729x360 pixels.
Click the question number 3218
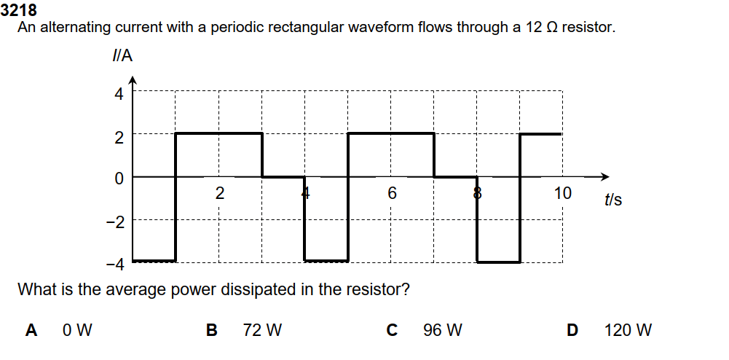20,11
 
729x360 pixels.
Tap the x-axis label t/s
612,198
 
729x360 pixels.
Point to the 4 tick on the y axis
119,93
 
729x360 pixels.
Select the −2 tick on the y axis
116,220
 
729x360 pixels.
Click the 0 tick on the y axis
119,177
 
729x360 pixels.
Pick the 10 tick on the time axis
562,194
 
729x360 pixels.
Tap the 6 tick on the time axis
392,194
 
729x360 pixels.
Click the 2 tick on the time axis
219,194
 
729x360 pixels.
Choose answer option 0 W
77,330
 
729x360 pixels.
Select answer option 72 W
261,330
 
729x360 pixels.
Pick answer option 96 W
442,330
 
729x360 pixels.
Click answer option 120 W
628,330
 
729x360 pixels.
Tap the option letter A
31,330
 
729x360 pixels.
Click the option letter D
572,330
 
